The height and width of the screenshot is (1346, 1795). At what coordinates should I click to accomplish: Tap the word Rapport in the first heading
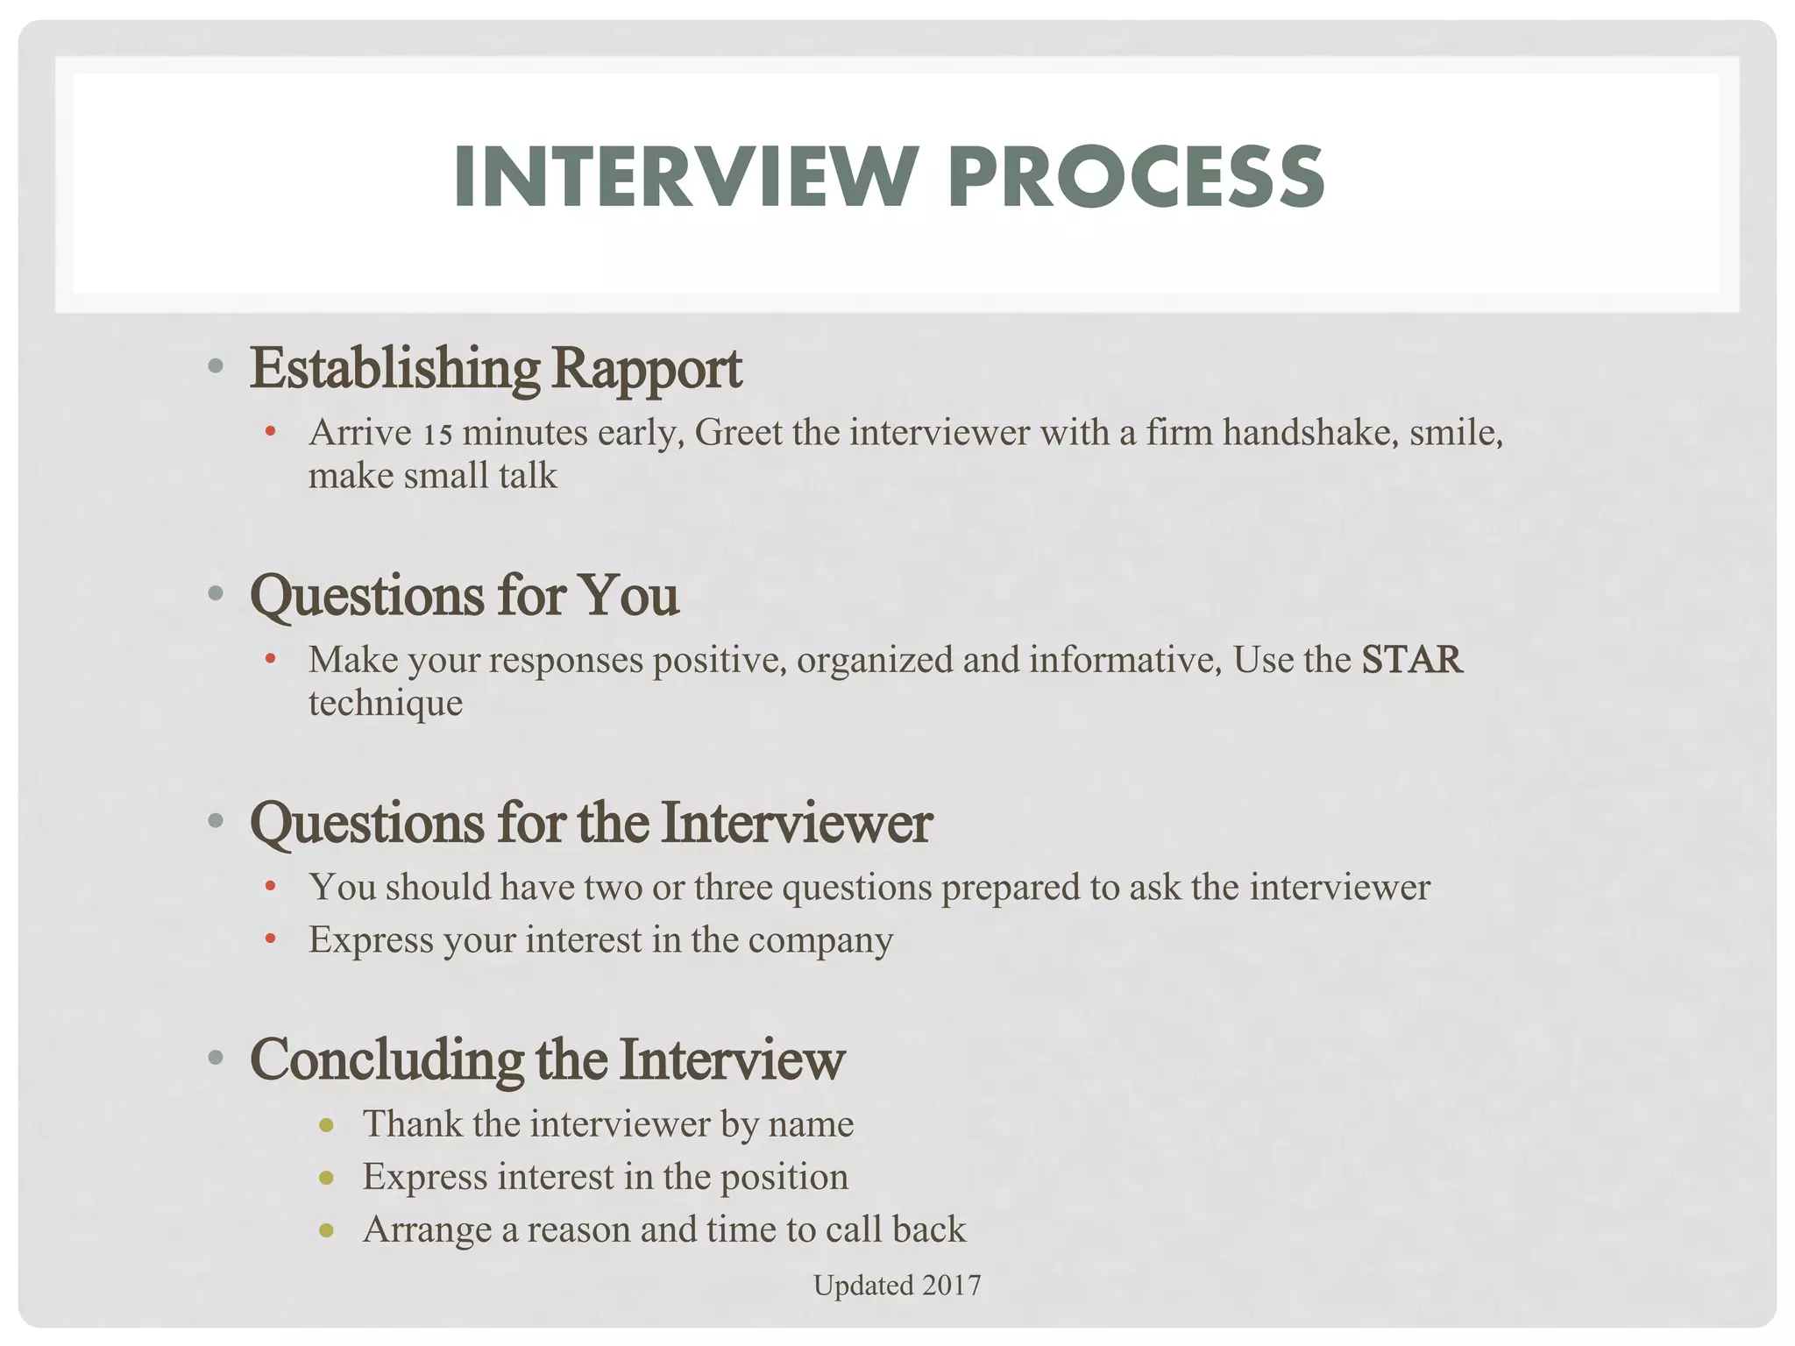646,369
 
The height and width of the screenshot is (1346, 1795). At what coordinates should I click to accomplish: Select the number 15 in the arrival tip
437,434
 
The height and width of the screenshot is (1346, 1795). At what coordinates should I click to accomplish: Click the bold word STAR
1411,660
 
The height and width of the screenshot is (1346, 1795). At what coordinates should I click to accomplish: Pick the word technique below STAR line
385,703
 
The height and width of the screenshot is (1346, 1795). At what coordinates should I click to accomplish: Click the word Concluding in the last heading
387,1059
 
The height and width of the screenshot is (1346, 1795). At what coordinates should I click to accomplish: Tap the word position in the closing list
784,1177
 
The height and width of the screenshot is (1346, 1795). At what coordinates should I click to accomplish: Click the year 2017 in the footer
951,1286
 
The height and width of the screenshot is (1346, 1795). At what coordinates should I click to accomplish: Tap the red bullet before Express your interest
270,940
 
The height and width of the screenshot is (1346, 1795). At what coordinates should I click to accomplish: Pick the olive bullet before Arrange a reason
326,1231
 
